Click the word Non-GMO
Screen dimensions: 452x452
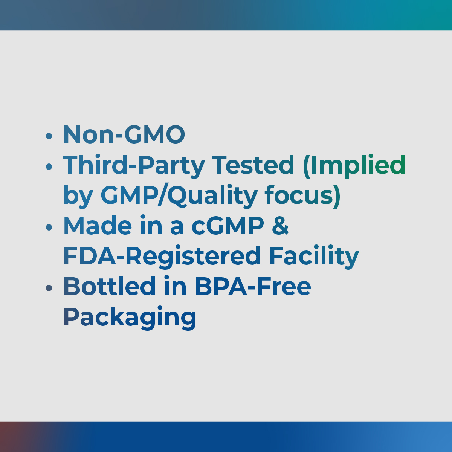pyautogui.click(x=124, y=134)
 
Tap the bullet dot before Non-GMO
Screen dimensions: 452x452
pyautogui.click(x=49, y=136)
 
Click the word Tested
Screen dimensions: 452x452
pyautogui.click(x=253, y=165)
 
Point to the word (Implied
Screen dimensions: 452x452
pyautogui.click(x=354, y=166)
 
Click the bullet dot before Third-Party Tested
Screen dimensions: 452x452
pyautogui.click(x=49, y=166)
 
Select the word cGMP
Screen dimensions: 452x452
pyautogui.click(x=228, y=225)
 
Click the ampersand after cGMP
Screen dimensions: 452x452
pyautogui.click(x=280, y=225)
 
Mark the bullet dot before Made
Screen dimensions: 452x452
pyautogui.click(x=49, y=227)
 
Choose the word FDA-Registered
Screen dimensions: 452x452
pyautogui.click(x=162, y=257)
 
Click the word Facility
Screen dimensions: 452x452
pyautogui.click(x=314, y=257)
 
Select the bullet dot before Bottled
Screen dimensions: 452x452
pyautogui.click(x=49, y=288)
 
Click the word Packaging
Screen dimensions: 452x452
pyautogui.click(x=130, y=318)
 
